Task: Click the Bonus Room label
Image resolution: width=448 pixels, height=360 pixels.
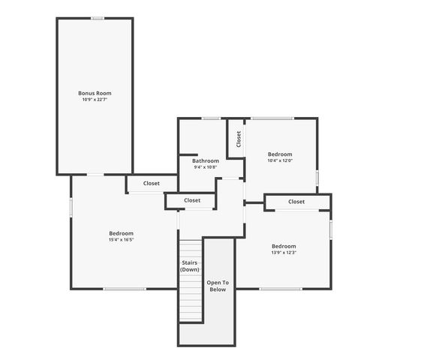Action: point(95,93)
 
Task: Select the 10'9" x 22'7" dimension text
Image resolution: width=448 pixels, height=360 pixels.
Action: point(95,100)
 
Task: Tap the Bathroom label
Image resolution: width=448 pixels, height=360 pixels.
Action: point(205,160)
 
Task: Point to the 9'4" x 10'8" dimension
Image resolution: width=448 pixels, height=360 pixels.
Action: point(205,167)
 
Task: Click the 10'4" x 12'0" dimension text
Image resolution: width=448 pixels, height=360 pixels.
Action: point(280,160)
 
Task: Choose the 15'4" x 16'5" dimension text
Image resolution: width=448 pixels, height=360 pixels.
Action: point(121,240)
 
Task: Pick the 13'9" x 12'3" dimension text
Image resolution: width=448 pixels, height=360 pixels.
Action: point(284,253)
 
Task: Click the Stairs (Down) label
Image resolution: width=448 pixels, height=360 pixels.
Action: point(190,266)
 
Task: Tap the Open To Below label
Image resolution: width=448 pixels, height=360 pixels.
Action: point(218,286)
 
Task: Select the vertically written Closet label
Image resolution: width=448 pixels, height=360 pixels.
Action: point(239,139)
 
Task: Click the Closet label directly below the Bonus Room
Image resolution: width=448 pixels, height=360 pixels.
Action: point(152,183)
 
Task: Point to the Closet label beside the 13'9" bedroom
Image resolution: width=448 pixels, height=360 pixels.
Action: point(296,201)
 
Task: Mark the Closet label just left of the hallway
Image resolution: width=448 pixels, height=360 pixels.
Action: point(192,200)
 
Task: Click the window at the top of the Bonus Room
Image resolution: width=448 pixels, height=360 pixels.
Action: point(97,18)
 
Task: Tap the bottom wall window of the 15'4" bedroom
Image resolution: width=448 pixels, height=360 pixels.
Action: point(125,289)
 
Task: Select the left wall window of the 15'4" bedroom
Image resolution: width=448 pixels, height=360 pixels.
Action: point(71,207)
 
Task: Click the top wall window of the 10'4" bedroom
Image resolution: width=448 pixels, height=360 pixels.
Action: point(272,118)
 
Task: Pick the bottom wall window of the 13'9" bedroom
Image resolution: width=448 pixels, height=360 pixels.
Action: point(280,289)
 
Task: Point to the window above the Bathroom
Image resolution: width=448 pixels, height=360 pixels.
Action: point(211,118)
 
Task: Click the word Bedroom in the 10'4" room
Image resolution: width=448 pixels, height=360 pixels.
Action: point(280,154)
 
